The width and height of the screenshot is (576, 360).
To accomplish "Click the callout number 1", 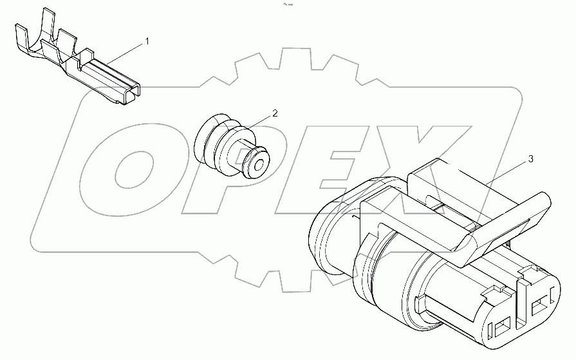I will click(147, 42).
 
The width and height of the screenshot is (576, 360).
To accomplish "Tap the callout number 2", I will click(275, 113).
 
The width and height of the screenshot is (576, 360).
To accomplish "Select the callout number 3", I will click(530, 158).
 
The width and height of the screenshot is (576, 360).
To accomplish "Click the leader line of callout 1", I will click(125, 52).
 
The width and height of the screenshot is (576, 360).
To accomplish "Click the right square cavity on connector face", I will click(541, 300).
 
